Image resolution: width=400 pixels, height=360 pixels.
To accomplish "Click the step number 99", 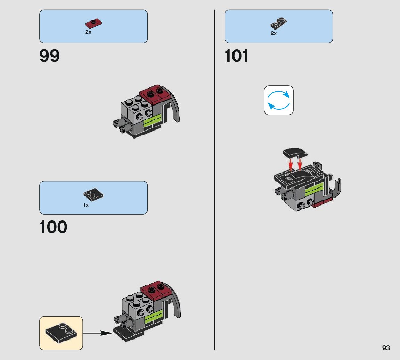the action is point(50,56).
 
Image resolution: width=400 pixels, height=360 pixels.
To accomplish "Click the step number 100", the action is point(53,227).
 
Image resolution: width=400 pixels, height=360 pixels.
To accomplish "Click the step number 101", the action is point(237,56).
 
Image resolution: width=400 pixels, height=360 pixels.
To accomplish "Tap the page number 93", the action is point(386,348).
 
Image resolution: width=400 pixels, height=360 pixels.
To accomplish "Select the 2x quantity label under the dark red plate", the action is point(88,32).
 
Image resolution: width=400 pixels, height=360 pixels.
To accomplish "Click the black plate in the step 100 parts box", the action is point(93,195).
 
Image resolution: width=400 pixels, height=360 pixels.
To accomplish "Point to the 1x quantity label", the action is point(86,205).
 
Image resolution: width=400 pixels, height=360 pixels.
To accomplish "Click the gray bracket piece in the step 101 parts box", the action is point(278,24).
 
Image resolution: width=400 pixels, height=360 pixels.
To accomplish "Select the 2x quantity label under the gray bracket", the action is point(274,33).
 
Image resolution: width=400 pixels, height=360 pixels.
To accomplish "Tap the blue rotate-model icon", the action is point(279,100).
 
